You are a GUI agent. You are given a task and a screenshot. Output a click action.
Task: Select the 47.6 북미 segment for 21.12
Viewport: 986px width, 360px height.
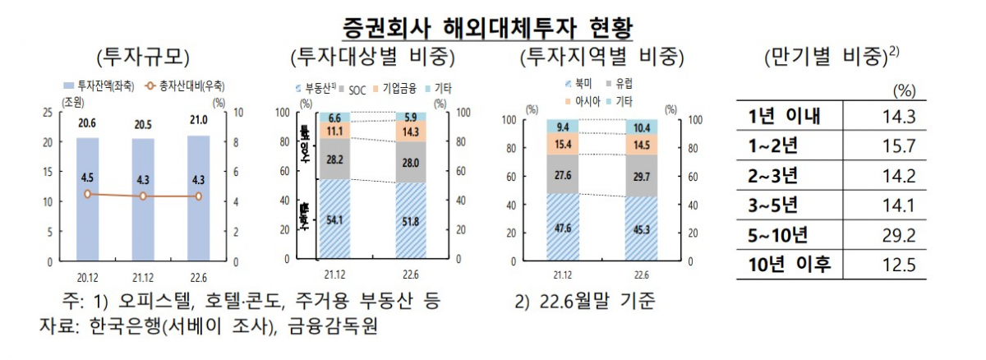point(562,228)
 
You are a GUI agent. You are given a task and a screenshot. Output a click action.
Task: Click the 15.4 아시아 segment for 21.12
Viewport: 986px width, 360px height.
point(562,145)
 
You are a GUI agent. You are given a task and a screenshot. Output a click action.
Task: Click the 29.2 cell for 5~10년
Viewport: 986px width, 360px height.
point(896,236)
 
